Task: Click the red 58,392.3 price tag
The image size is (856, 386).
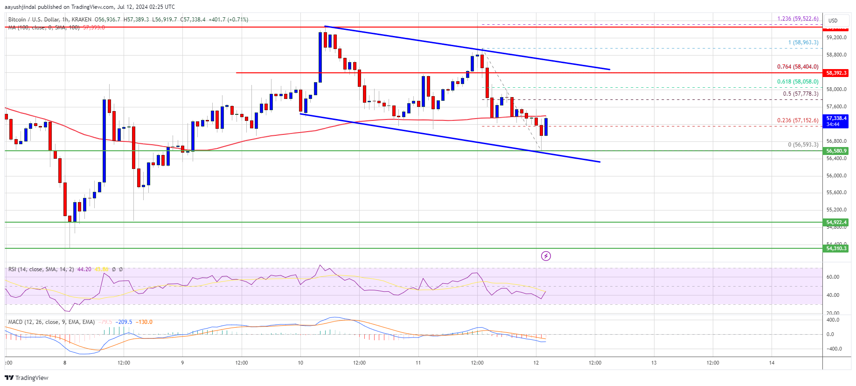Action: pyautogui.click(x=836, y=73)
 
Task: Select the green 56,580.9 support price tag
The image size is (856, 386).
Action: pyautogui.click(x=836, y=151)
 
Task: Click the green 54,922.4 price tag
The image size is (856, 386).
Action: pyautogui.click(x=836, y=222)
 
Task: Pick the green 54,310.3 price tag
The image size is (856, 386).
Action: pyautogui.click(x=836, y=248)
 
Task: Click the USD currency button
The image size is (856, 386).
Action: pyautogui.click(x=833, y=21)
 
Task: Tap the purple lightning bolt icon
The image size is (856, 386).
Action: pyautogui.click(x=546, y=256)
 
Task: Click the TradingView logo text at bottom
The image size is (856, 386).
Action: pyautogui.click(x=27, y=378)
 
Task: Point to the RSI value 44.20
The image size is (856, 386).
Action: pyautogui.click(x=84, y=269)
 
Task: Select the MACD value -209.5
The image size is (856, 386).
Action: pyautogui.click(x=125, y=322)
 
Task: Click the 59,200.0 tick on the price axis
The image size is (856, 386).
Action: pyautogui.click(x=836, y=37)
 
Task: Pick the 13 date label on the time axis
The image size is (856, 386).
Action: pyautogui.click(x=654, y=363)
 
